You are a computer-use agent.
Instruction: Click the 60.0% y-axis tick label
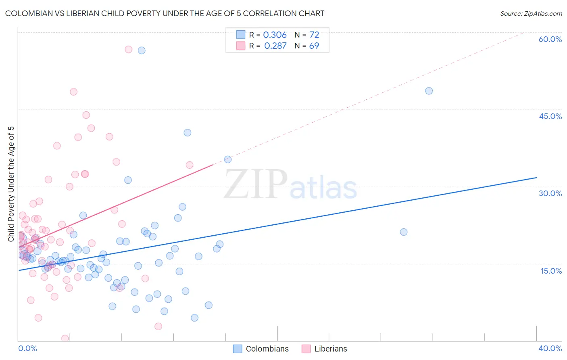[x=550, y=39]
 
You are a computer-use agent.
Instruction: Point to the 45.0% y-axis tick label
[x=550, y=116]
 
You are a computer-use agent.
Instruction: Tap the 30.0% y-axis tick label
[x=550, y=193]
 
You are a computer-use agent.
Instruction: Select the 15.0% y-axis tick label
[x=551, y=271]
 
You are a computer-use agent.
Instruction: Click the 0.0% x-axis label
[x=27, y=348]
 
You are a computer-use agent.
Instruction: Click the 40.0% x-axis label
[x=550, y=348]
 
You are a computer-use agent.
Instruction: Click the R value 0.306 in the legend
[x=275, y=35]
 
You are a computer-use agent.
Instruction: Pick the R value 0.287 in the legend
[x=275, y=46]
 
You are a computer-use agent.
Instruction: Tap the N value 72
[x=314, y=35]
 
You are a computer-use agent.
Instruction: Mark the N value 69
[x=314, y=46]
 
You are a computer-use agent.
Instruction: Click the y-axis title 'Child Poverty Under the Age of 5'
[x=11, y=184]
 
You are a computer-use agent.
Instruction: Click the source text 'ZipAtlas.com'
[x=543, y=13]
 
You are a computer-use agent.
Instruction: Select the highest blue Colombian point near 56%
[x=142, y=50]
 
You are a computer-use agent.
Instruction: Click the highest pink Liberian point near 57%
[x=129, y=49]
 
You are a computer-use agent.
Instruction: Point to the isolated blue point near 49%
[x=429, y=91]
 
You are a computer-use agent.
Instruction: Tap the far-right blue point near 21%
[x=404, y=232]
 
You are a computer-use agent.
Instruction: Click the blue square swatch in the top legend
[x=241, y=35]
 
